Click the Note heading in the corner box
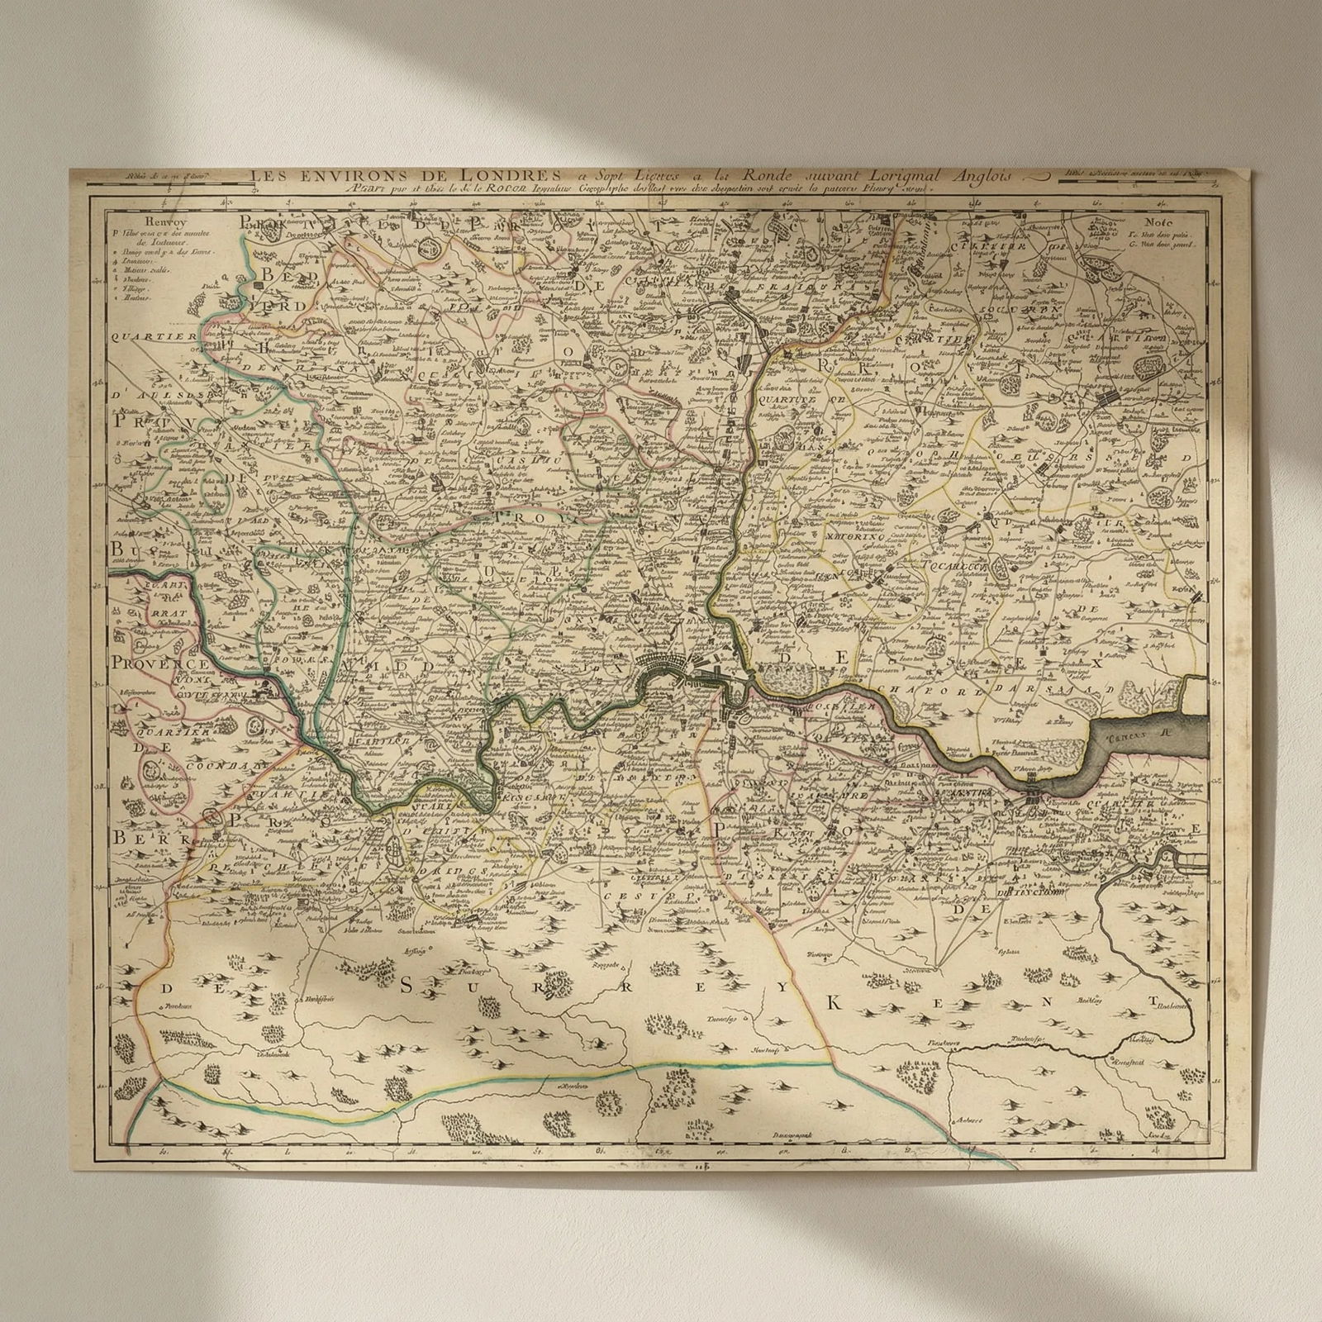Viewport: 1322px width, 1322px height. [x=1159, y=221]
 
